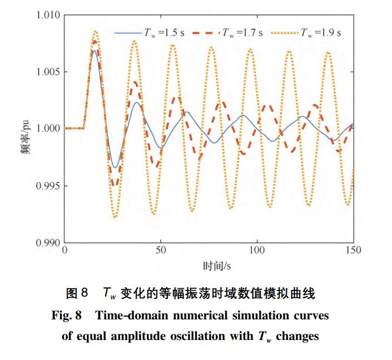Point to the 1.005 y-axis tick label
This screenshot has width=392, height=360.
coord(47,72)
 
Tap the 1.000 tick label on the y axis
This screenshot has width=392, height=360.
coord(47,129)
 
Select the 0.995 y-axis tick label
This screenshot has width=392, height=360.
coord(47,186)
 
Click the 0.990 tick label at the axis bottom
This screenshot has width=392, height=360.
coord(47,243)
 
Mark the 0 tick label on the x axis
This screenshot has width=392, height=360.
coord(65,251)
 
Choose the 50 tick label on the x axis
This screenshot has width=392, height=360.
coord(161,251)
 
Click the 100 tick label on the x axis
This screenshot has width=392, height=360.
coord(257,251)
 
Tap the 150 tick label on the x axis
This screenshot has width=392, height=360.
coord(353,251)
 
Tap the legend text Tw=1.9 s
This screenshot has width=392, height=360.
coord(321,33)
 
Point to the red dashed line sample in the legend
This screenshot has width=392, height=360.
coord(206,33)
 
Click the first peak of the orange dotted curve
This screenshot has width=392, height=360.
coord(96,32)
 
